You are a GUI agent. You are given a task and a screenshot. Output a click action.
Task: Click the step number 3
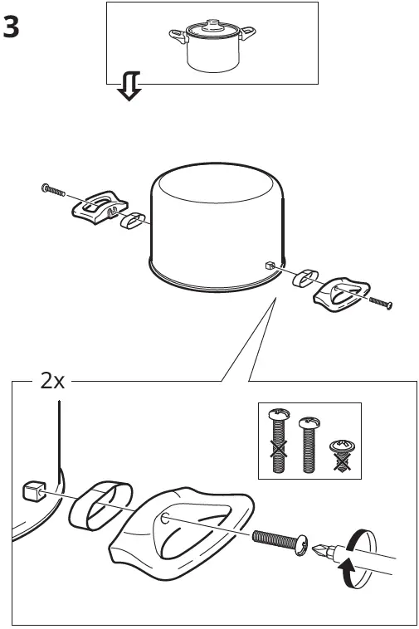click(x=12, y=27)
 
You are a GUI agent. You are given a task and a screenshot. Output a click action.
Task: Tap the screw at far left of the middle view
click(x=53, y=191)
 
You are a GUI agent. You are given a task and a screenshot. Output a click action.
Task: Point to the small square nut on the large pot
click(x=269, y=265)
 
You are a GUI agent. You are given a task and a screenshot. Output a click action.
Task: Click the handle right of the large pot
click(x=335, y=291)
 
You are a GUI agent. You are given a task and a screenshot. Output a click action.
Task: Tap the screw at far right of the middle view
click(x=380, y=302)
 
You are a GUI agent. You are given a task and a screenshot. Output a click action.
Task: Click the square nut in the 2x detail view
click(x=34, y=490)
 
